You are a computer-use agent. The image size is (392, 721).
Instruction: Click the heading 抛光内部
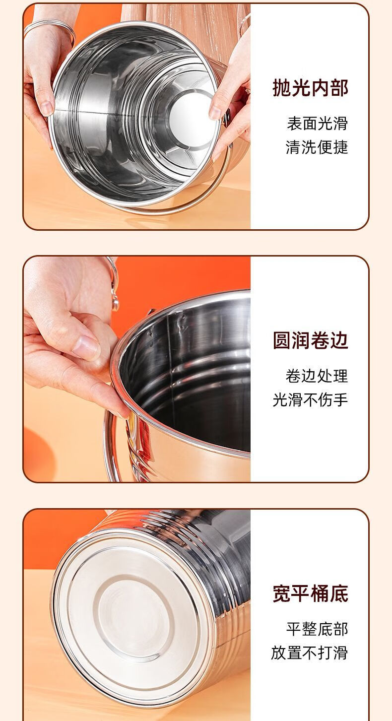[310, 87]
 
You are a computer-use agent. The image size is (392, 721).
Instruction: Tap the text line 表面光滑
[318, 124]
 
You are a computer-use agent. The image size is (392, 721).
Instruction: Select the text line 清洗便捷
[317, 147]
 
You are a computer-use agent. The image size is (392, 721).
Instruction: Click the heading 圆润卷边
[310, 340]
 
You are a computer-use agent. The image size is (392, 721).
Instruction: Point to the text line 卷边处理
[317, 376]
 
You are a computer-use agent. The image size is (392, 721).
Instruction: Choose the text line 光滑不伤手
[310, 400]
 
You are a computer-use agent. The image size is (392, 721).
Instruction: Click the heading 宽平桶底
[310, 593]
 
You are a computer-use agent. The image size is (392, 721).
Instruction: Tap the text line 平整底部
[318, 629]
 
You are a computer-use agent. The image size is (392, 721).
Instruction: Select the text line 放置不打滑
[310, 653]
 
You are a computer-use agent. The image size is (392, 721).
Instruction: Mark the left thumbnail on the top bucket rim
[47, 108]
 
